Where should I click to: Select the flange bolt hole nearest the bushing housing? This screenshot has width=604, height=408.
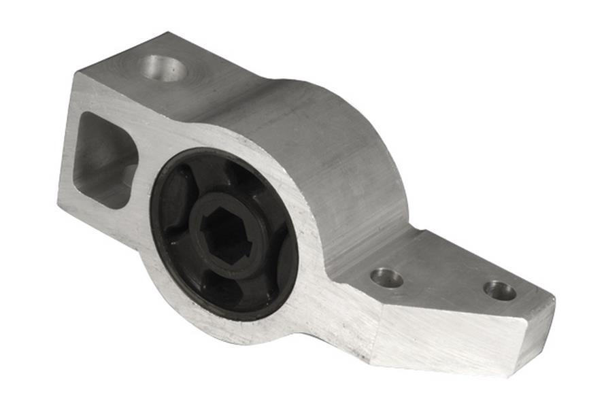tap(386, 277)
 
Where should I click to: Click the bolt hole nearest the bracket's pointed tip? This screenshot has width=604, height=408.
tap(499, 290)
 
